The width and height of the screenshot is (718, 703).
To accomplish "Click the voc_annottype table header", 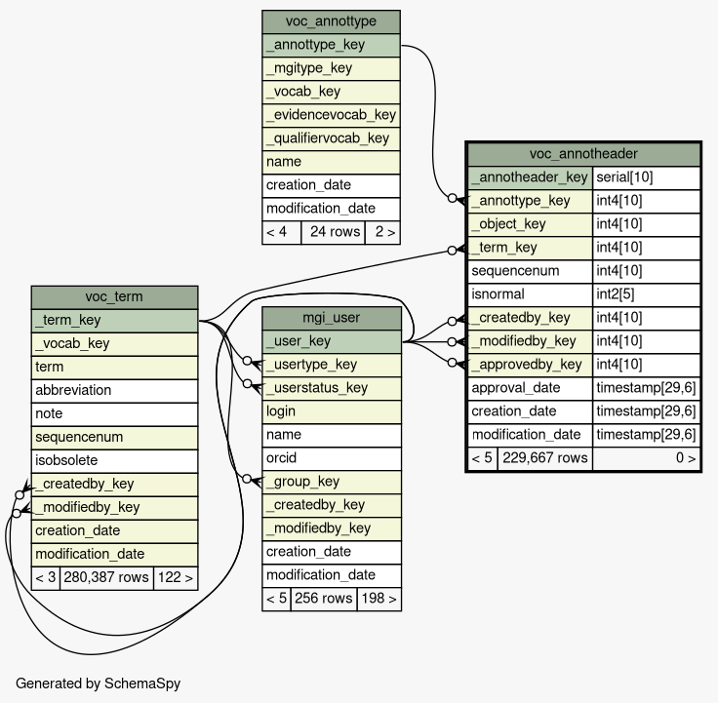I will pyautogui.click(x=331, y=21).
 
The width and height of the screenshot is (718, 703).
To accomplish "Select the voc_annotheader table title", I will pyautogui.click(x=583, y=154).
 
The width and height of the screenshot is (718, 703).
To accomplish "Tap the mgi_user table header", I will pyautogui.click(x=332, y=318).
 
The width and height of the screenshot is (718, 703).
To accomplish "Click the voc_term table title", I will pyautogui.click(x=114, y=296).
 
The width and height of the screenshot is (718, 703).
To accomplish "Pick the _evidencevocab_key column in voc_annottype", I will pyautogui.click(x=331, y=115).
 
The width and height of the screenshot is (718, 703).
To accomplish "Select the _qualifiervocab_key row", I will pyautogui.click(x=331, y=138).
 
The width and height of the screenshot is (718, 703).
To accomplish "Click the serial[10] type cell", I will pyautogui.click(x=646, y=177).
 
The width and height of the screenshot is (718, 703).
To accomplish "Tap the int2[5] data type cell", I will pyautogui.click(x=646, y=294).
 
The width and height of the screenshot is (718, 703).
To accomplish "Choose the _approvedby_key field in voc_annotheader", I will pyautogui.click(x=530, y=365).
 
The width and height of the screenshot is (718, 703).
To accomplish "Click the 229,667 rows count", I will pyautogui.click(x=544, y=458).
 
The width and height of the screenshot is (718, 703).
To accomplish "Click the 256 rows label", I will pyautogui.click(x=324, y=599).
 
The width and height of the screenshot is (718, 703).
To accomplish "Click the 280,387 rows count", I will pyautogui.click(x=105, y=577).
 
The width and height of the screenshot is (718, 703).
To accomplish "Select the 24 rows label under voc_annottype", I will pyautogui.click(x=332, y=232).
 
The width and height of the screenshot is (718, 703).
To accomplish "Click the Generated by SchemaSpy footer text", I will pyautogui.click(x=98, y=683).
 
